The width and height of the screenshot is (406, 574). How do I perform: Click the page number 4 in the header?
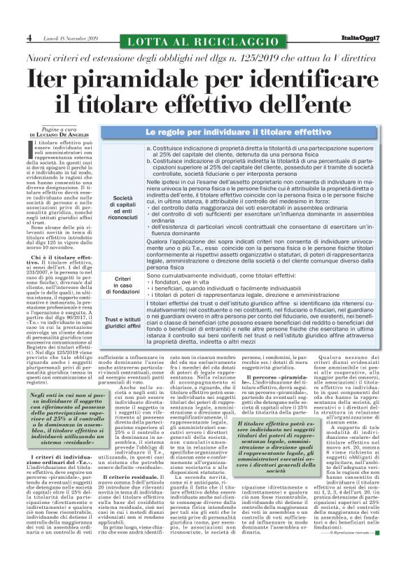tap(29, 36)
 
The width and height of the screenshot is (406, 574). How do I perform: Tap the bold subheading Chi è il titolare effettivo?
tap(59, 258)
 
